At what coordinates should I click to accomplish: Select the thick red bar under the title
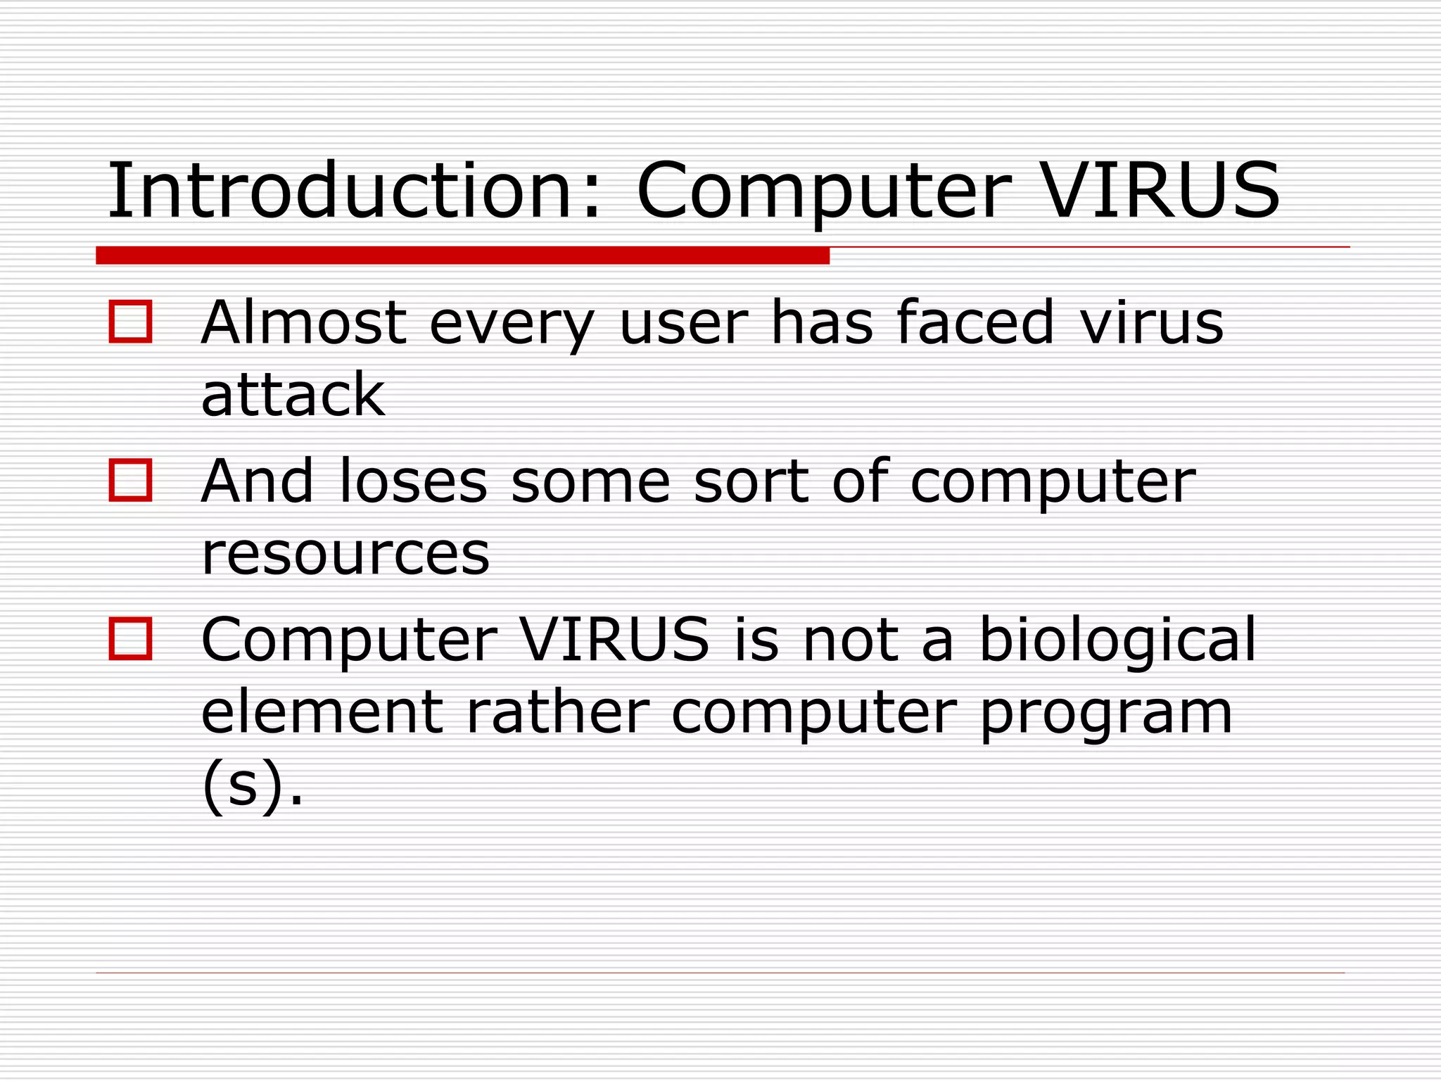[462, 255]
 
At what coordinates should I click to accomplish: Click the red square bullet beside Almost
[130, 322]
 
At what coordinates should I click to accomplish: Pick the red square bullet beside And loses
[130, 480]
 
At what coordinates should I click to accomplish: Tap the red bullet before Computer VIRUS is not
[130, 639]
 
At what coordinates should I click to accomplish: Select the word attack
[293, 395]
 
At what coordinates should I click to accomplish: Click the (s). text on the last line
[253, 785]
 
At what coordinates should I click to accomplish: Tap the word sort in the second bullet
[751, 481]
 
